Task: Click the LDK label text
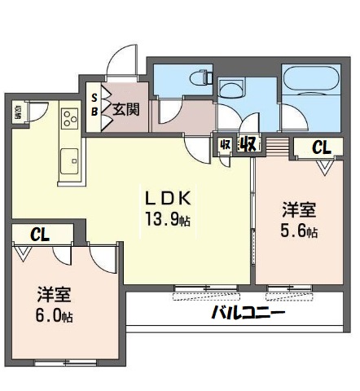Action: tap(169, 198)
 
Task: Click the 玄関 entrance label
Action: tap(125, 108)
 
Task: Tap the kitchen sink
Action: tap(68, 158)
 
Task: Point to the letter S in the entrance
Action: tap(94, 96)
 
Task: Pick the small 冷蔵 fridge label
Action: tap(20, 112)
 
